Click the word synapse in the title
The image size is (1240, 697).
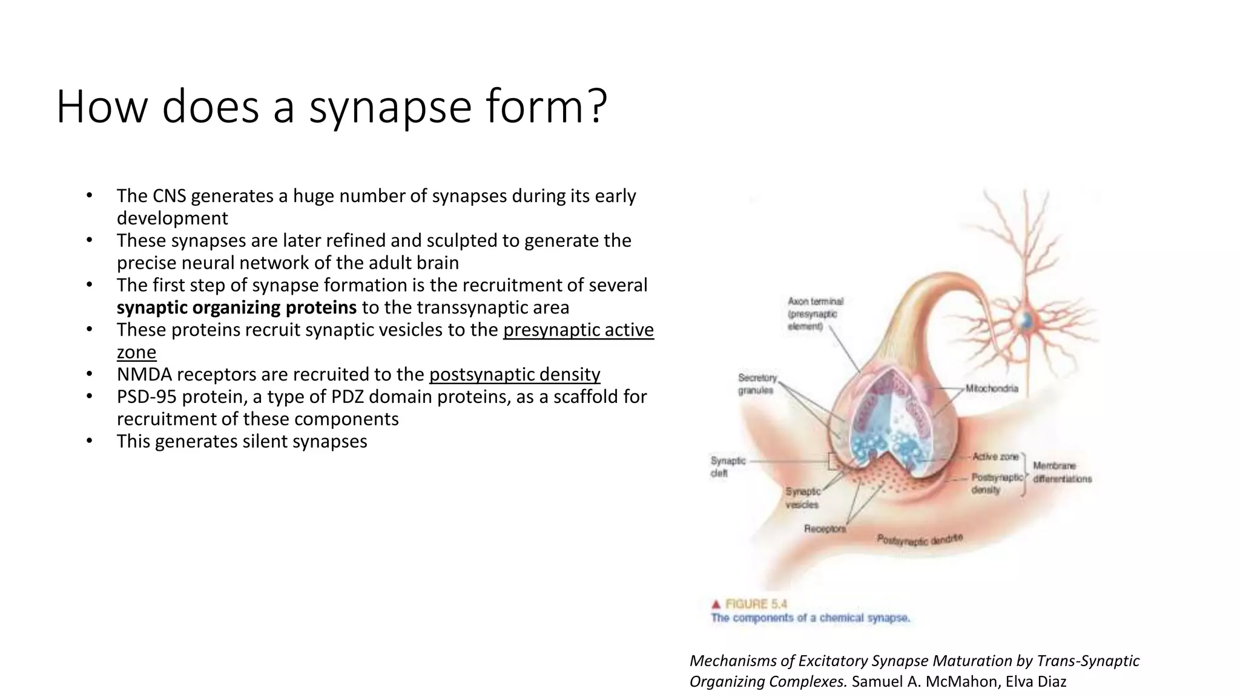[x=390, y=107]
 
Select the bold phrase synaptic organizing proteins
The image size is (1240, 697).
[x=236, y=308]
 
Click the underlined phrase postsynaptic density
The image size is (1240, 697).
[x=515, y=375]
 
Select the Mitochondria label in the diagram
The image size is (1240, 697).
[x=992, y=388]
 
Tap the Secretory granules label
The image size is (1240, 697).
[x=756, y=384]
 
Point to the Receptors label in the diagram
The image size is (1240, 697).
[x=825, y=529]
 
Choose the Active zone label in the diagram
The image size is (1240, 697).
[x=995, y=457]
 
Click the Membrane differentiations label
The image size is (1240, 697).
[x=1062, y=472]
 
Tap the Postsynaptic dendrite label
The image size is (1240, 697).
[x=919, y=539]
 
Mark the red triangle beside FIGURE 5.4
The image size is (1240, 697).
[x=716, y=604]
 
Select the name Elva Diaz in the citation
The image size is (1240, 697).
[x=1036, y=682]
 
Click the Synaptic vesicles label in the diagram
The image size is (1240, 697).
[x=802, y=498]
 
